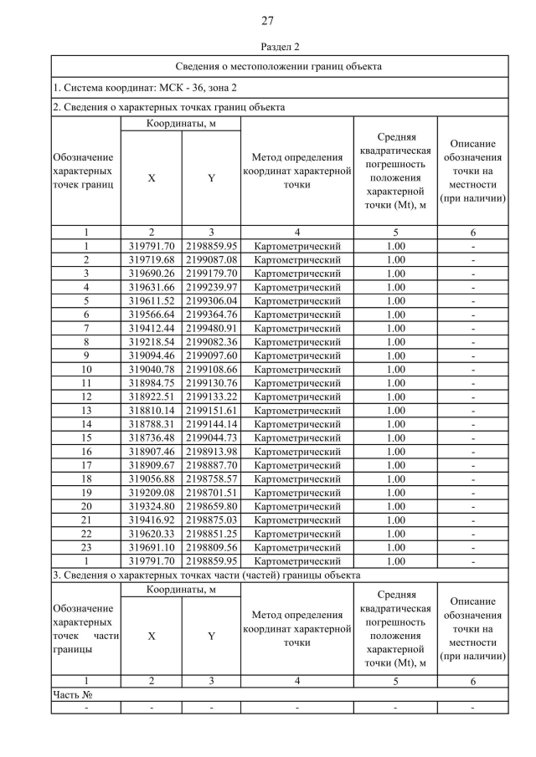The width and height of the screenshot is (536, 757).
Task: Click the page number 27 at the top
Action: pos(268,20)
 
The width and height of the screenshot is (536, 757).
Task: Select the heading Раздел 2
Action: pos(268,47)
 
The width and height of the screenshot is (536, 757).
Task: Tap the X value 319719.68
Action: pos(152,259)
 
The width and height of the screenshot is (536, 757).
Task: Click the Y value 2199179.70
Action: pos(212,273)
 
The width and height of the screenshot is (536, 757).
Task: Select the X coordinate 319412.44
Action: pos(152,328)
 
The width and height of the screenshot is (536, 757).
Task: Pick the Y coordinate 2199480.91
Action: pos(212,328)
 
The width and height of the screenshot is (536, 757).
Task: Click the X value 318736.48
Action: pos(152,437)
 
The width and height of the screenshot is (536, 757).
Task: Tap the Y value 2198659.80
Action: pos(212,506)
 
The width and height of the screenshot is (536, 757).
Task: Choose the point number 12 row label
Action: pos(86,396)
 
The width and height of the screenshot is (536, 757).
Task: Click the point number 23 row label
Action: pos(86,547)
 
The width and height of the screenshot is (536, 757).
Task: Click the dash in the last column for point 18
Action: pos(473,478)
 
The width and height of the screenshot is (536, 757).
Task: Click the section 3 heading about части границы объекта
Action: pos(206,575)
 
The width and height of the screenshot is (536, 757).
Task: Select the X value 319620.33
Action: pos(152,534)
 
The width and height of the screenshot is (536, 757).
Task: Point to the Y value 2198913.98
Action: pos(212,451)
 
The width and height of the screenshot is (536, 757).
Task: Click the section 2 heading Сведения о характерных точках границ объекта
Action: pos(168,107)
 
